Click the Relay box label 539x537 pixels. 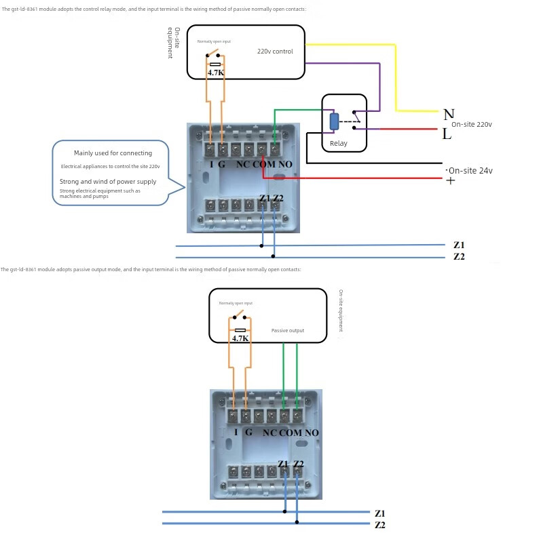[338, 144]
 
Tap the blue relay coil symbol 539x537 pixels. [334, 121]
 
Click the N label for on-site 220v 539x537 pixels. [449, 114]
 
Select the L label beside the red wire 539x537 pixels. [447, 134]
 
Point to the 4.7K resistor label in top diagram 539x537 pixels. [216, 73]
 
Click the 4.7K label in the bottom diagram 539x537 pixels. [240, 338]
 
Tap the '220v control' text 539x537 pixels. [275, 52]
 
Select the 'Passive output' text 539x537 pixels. [288, 331]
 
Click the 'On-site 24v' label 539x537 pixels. [470, 171]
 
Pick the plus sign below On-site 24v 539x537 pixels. [450, 180]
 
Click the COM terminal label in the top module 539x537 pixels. [264, 165]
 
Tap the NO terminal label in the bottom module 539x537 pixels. [312, 433]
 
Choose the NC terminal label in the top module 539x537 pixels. [241, 165]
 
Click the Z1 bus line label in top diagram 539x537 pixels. [459, 245]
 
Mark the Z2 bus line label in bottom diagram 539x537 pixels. [379, 525]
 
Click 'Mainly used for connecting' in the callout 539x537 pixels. [113, 153]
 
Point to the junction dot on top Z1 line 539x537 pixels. [262, 245]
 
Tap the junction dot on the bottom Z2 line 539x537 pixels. [297, 522]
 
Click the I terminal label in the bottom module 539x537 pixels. [236, 432]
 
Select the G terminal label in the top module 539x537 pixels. [222, 165]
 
